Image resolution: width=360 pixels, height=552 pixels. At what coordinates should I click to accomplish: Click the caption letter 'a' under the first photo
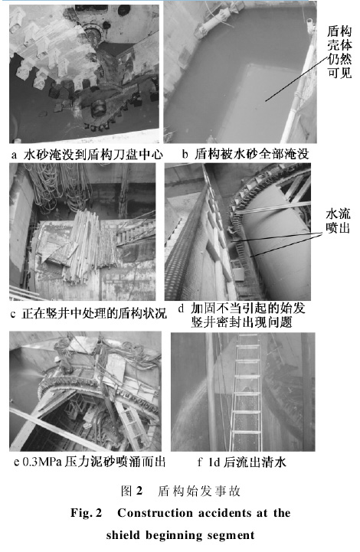[14, 155]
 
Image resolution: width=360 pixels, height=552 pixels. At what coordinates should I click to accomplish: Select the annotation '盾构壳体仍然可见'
[339, 52]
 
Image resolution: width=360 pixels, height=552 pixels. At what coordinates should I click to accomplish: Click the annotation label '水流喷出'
[338, 220]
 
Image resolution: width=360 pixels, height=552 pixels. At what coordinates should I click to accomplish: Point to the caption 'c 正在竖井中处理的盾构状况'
[88, 313]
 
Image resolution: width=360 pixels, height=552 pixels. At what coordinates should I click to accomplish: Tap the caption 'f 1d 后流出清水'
[241, 462]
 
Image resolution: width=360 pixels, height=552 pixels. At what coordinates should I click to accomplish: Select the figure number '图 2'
[132, 491]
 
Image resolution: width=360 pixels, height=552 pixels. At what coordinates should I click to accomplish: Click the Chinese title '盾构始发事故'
[199, 491]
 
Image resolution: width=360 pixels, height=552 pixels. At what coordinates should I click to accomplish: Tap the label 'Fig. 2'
[86, 513]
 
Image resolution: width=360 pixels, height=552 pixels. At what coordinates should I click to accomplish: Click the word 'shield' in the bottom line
[123, 535]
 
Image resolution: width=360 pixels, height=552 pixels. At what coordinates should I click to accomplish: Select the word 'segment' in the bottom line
[231, 535]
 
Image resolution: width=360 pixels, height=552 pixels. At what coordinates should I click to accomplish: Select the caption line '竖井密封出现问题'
[241, 322]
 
